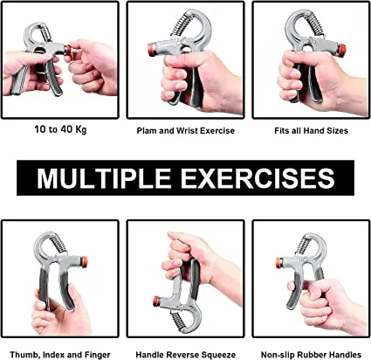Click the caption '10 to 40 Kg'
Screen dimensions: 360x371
point(60,131)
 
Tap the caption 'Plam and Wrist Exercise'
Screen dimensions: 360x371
point(185,131)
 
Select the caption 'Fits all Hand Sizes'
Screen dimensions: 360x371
point(310,131)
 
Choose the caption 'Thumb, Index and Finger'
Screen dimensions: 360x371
point(60,354)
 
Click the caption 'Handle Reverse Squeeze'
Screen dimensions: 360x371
point(185,354)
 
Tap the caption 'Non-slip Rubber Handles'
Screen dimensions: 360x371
point(310,354)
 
